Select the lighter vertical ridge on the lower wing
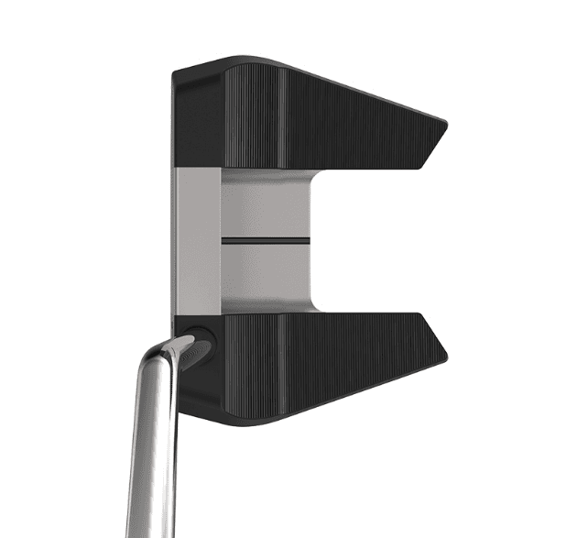click(x=280, y=362)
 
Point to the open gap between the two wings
click(x=385, y=240)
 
